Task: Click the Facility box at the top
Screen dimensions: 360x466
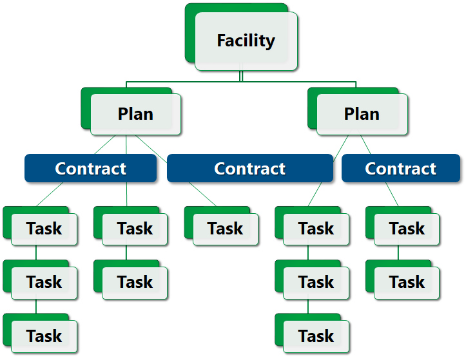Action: click(x=246, y=41)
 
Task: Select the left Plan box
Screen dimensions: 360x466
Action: click(x=135, y=114)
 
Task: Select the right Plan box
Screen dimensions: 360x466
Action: click(x=362, y=114)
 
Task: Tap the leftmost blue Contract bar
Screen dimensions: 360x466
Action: click(x=90, y=169)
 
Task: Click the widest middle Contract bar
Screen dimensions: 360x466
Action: click(x=249, y=169)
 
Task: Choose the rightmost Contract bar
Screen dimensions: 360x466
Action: click(x=400, y=169)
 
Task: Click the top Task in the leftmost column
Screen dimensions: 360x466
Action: click(x=44, y=229)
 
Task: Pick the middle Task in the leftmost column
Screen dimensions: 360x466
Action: click(x=44, y=282)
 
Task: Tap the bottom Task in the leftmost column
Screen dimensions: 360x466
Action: click(x=44, y=336)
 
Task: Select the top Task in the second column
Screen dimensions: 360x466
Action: click(x=135, y=229)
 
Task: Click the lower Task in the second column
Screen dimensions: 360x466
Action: click(x=135, y=282)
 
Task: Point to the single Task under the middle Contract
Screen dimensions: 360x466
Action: click(x=226, y=229)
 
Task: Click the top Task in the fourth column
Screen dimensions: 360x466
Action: click(x=316, y=229)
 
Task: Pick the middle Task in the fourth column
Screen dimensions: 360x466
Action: click(x=316, y=282)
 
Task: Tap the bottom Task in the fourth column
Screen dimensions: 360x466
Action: click(x=316, y=336)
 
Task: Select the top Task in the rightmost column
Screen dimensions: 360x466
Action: click(x=407, y=229)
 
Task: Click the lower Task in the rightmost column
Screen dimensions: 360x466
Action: click(x=407, y=282)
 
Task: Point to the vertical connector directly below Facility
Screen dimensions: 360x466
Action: click(x=240, y=76)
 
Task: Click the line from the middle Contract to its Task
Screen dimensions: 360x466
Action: click(x=202, y=194)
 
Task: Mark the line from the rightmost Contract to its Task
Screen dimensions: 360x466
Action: click(x=392, y=194)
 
